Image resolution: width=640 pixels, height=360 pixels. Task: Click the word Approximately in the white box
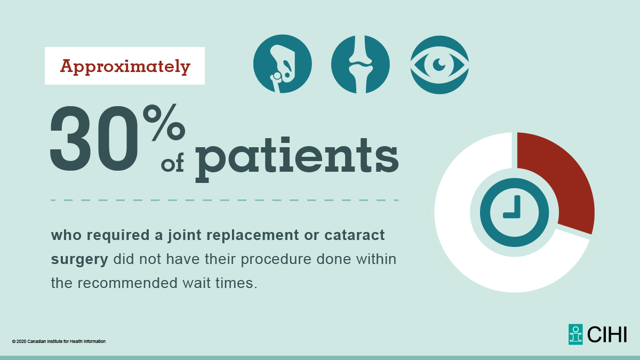coord(125,66)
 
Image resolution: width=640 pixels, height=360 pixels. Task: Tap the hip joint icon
coord(282,64)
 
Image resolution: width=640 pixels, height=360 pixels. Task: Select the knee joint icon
coord(361,64)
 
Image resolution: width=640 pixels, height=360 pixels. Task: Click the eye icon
coord(439,64)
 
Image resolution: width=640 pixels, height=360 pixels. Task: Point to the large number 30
coord(96,140)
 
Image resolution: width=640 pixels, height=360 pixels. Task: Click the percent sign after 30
coord(168,124)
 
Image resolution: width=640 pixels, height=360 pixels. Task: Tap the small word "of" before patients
coord(172,164)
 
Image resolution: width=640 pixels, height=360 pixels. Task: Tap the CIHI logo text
coord(607,334)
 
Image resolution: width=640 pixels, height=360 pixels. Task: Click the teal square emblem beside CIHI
coord(575,334)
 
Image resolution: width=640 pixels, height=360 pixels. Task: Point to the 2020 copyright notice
coord(59,341)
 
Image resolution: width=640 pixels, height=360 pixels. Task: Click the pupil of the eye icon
coord(439,64)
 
